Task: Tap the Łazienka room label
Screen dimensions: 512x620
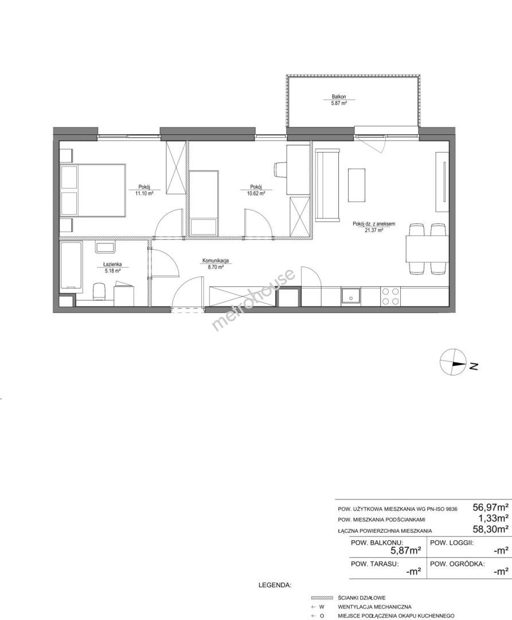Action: click(x=112, y=265)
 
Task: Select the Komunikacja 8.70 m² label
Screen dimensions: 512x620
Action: click(x=216, y=263)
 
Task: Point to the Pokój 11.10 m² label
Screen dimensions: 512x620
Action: click(x=144, y=190)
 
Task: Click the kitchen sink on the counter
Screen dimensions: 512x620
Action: click(x=350, y=296)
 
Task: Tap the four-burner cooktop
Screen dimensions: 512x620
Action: click(x=390, y=296)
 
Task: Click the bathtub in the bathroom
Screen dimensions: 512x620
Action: click(x=71, y=266)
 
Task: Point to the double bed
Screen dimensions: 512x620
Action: click(x=93, y=191)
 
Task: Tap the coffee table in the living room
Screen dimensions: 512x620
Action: click(x=357, y=185)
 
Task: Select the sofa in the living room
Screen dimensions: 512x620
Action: click(x=327, y=185)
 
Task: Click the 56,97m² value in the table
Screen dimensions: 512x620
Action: click(x=491, y=507)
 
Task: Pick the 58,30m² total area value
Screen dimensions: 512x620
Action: click(x=491, y=529)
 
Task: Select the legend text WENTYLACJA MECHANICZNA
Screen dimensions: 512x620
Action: click(x=374, y=607)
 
